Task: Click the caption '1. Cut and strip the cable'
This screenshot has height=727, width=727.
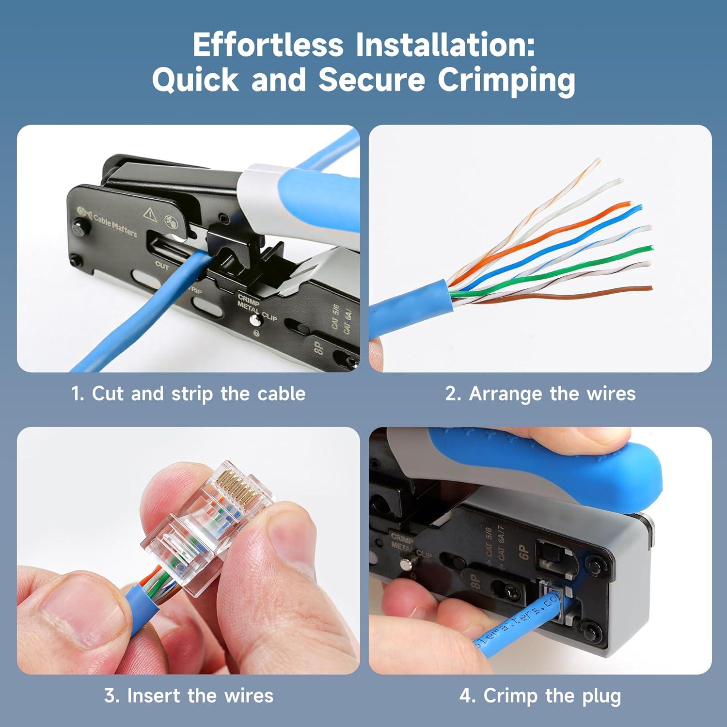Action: coord(189,394)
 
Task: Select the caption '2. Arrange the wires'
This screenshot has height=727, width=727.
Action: coord(540,394)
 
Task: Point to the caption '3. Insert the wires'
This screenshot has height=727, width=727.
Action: coord(189,696)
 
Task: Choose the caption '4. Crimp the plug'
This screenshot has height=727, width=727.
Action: coord(540,696)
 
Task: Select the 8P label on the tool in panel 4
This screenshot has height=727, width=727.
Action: coord(476,581)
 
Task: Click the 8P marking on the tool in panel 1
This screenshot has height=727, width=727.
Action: coord(318,348)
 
